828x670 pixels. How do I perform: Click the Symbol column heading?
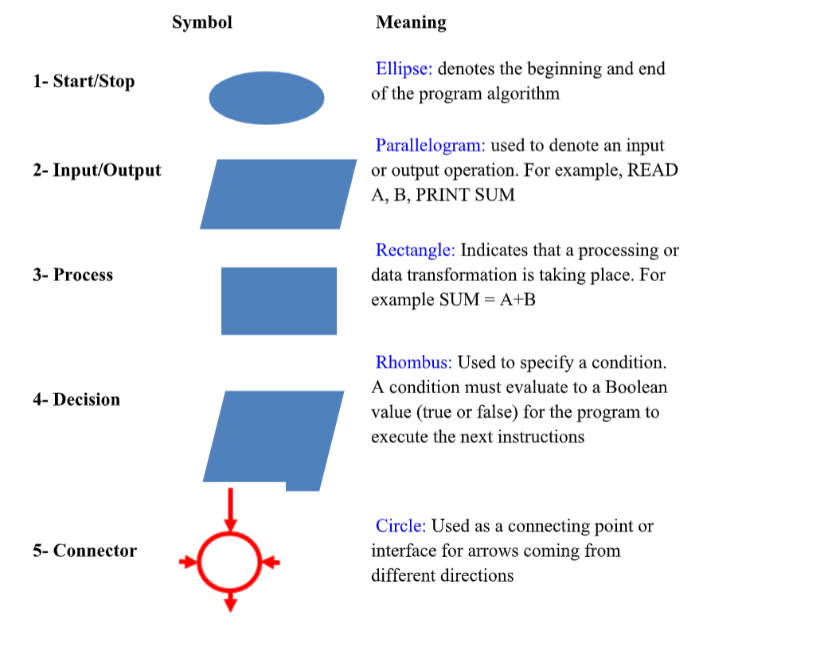pos(202,22)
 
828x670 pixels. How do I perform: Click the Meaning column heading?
pos(411,22)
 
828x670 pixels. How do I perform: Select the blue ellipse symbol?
pos(267,98)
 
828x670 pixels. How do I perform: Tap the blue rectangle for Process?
pos(279,301)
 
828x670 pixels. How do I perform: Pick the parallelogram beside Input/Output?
pos(278,194)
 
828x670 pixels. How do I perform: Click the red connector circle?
pos(230,562)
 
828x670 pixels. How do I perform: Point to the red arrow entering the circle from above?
pos(230,509)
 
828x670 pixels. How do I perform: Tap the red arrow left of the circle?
pos(187,563)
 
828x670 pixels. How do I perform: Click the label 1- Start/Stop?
pos(84,81)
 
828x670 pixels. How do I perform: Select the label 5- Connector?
pos(84,551)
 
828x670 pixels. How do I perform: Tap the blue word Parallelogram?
pos(430,146)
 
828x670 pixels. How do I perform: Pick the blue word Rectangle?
pos(415,251)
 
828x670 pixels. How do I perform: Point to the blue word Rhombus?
pos(413,363)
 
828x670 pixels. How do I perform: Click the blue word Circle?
pos(400,526)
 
